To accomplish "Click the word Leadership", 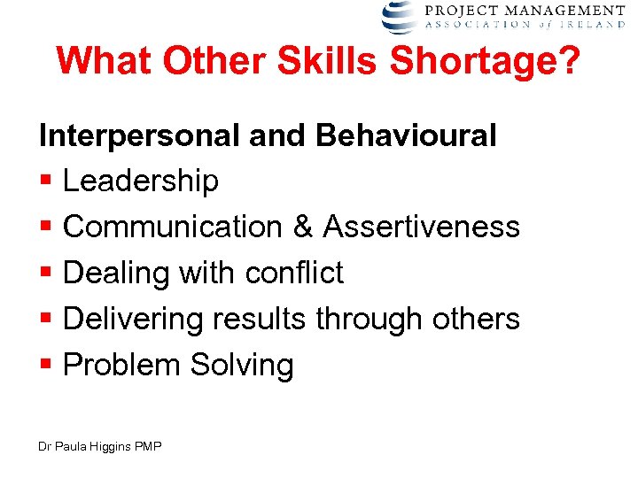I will (141, 181).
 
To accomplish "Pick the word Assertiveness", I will (421, 227).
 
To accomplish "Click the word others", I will (475, 319).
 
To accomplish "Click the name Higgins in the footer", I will (113, 447).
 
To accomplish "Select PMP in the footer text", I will (148, 447).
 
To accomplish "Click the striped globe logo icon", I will (399, 16).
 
